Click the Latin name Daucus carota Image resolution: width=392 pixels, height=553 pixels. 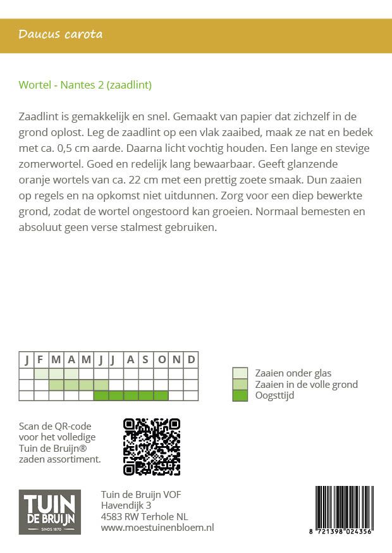(x=61, y=34)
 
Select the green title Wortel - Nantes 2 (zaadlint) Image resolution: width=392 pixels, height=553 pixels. (x=85, y=85)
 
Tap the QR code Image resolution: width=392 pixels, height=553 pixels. (x=151, y=447)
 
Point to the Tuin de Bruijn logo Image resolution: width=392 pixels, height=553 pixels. (x=49, y=513)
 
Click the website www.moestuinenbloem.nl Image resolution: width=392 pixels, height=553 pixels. (x=157, y=527)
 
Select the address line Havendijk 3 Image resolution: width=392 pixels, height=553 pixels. (x=126, y=506)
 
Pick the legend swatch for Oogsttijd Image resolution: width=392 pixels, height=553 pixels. (x=240, y=395)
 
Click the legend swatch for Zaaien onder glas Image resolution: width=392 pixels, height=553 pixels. (x=240, y=373)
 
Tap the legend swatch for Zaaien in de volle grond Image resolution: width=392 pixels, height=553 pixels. (x=240, y=384)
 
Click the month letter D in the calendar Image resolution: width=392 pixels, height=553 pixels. (x=191, y=360)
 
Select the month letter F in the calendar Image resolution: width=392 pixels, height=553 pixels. (x=40, y=360)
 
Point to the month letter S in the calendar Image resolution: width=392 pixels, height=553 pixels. (x=145, y=360)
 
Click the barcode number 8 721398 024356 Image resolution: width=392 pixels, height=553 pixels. (x=343, y=532)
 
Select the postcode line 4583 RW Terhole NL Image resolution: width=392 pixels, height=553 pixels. (x=144, y=516)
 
